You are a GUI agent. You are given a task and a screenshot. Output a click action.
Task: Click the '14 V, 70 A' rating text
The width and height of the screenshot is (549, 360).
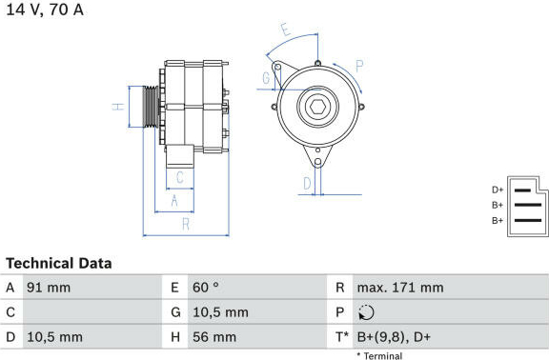45,10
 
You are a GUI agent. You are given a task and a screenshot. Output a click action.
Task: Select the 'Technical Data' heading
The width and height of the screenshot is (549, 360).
59,264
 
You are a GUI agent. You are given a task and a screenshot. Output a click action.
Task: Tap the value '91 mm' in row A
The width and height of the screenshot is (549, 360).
49,288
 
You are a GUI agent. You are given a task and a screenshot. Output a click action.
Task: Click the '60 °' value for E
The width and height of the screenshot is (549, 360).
206,288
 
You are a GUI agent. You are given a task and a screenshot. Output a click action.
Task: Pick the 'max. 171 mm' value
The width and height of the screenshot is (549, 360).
400,288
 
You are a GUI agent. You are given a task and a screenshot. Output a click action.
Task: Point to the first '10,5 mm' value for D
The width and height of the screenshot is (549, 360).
55,337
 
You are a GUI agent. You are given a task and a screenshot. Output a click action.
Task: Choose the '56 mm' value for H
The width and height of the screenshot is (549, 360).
214,337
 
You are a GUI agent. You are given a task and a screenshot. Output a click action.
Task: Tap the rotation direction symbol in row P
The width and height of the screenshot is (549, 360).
366,312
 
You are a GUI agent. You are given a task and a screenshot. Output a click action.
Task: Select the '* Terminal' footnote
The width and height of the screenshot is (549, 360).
379,356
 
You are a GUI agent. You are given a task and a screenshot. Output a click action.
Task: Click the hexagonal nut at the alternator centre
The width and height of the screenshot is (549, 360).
318,107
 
